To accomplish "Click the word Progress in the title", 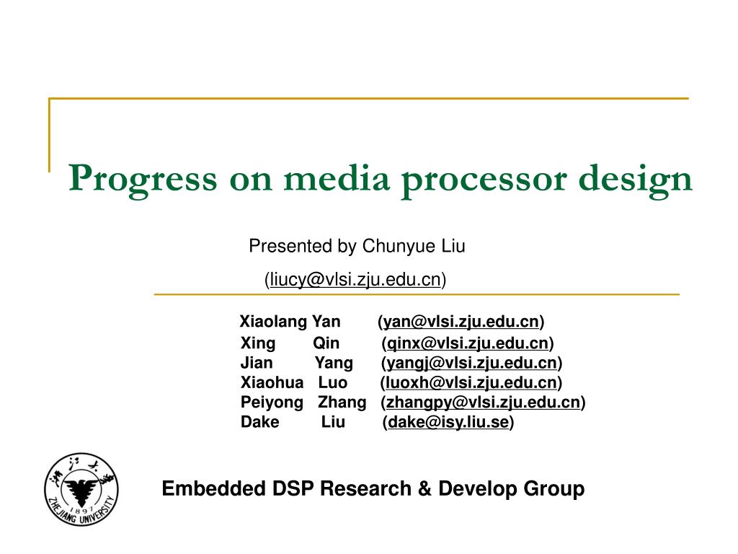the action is point(143,180).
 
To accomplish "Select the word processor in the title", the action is point(484,182).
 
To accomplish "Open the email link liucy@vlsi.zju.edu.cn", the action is point(355,279).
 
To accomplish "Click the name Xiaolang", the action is point(273,321).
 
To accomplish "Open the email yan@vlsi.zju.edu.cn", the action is point(461,321).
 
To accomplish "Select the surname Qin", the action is point(326,343).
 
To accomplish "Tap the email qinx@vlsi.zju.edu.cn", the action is point(468,343).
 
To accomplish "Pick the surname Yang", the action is point(334,363).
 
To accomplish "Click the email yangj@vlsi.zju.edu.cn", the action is point(471,363).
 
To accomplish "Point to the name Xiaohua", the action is point(272,382).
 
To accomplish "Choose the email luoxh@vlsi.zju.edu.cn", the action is point(471,382).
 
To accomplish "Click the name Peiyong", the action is point(272,403).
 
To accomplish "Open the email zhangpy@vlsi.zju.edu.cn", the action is point(484,403).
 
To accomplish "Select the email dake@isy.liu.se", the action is point(448,422).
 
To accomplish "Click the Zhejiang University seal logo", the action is point(81,490).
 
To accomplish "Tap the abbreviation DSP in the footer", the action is point(293,488).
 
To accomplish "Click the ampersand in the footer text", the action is point(424,488).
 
